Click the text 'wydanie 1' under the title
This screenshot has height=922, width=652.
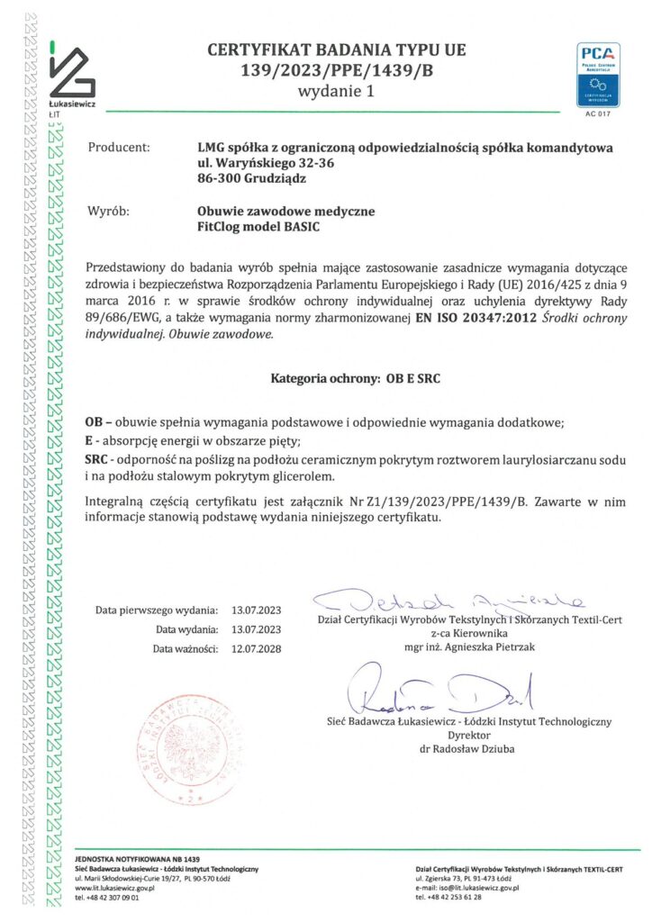(338, 91)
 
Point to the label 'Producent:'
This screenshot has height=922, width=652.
(119, 146)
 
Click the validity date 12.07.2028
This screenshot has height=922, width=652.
(257, 648)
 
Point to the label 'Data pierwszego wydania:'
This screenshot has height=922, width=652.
(157, 610)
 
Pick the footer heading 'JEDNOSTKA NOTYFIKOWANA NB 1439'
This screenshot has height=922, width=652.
(136, 860)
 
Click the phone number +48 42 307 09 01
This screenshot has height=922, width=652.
(107, 898)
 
